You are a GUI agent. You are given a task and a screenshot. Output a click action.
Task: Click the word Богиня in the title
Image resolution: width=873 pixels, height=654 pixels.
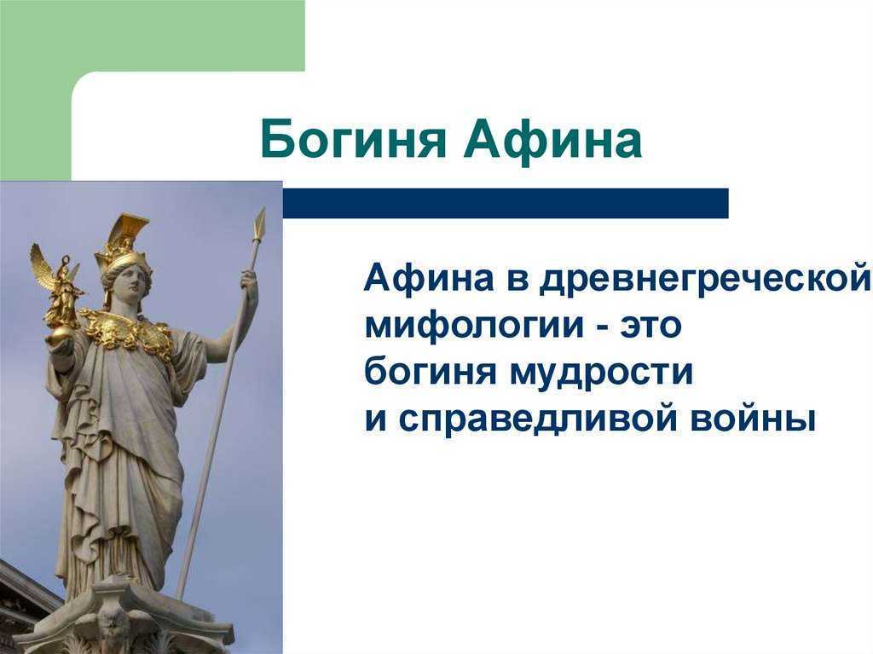tap(353, 140)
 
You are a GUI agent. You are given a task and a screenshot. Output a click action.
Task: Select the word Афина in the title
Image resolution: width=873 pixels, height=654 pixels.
tap(552, 139)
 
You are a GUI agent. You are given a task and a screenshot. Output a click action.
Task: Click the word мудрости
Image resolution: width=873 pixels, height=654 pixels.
tap(601, 373)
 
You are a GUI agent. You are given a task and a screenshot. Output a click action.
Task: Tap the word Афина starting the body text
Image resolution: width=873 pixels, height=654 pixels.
tap(429, 278)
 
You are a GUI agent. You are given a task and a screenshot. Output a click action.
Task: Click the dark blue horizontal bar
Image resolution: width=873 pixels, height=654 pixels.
tap(506, 203)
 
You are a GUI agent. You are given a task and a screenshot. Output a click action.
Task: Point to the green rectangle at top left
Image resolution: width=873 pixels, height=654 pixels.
tap(153, 36)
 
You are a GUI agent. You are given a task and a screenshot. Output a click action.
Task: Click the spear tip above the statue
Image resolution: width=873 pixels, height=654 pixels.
tap(259, 223)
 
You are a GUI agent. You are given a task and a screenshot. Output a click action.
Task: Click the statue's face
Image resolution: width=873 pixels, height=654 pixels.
tap(130, 282)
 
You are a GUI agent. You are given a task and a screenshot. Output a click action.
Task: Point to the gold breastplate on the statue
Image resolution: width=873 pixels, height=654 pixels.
tap(127, 332)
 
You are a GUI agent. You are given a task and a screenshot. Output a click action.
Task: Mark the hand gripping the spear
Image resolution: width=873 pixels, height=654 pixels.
tap(250, 281)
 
